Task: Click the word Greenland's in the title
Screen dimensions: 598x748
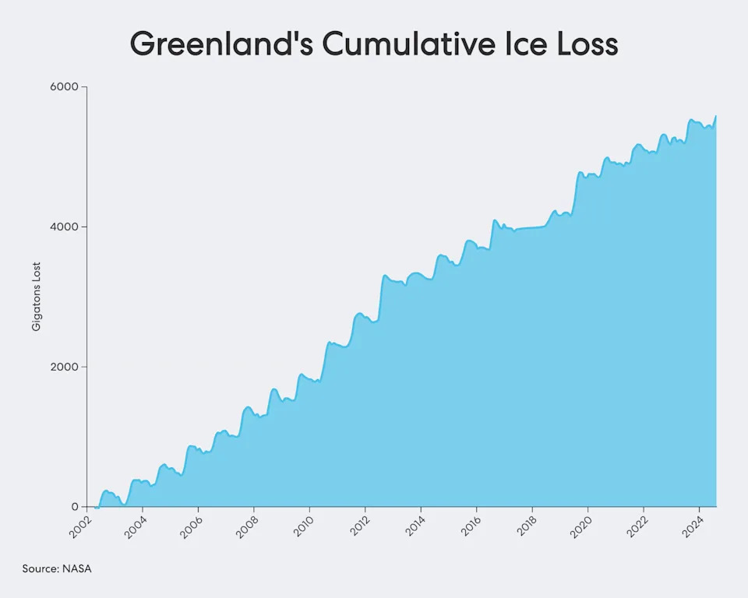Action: (221, 44)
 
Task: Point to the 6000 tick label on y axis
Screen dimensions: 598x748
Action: (65, 87)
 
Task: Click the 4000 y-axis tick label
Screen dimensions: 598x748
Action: (65, 227)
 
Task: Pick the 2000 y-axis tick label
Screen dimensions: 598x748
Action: (65, 367)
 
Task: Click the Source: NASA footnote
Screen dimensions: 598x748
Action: (57, 568)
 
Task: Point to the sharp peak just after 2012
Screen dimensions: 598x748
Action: (385, 276)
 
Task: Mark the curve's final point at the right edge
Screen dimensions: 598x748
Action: (715, 116)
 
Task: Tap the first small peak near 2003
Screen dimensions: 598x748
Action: (107, 491)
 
